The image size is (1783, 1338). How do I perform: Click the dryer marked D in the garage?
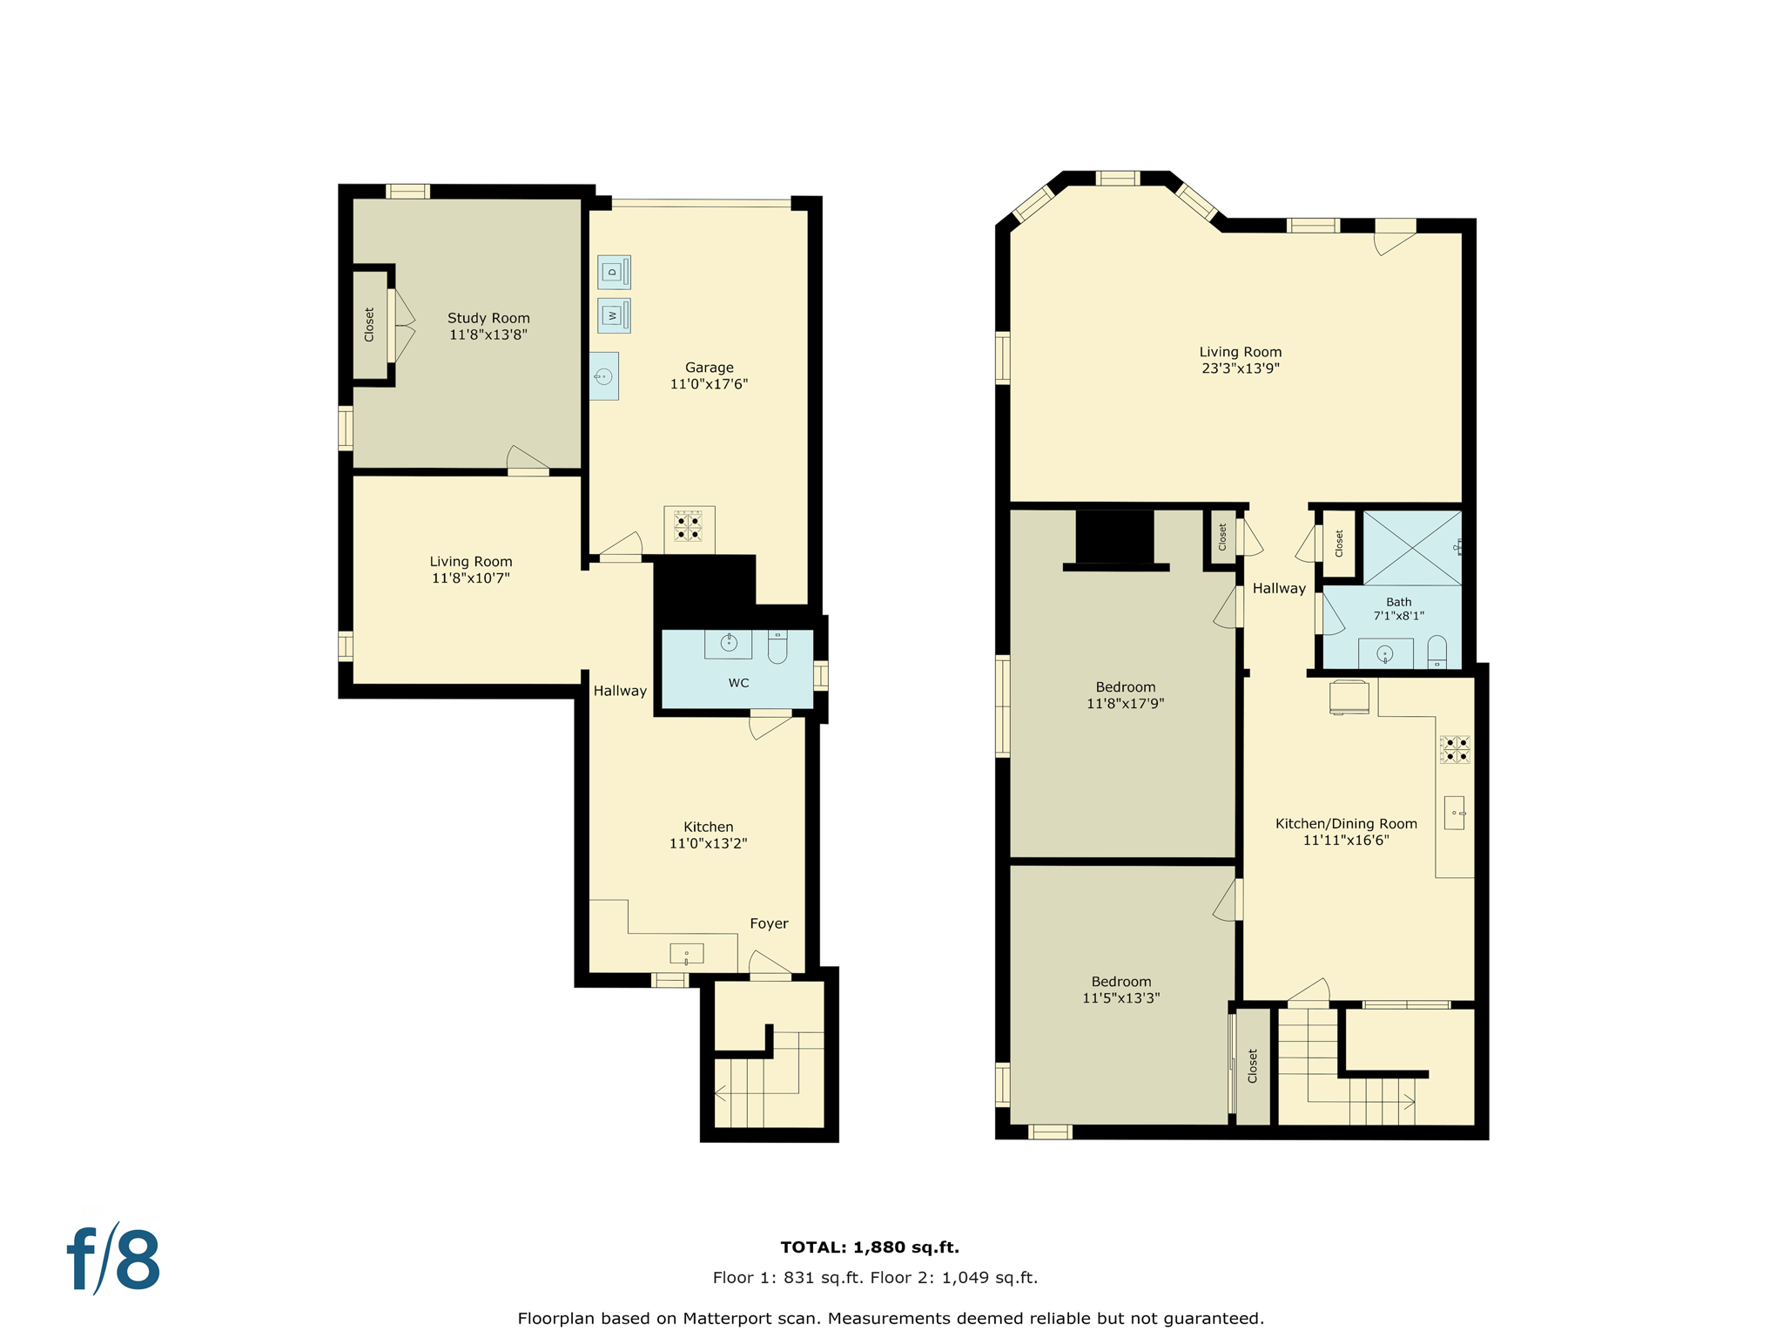click(x=614, y=272)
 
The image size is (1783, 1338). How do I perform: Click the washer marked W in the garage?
click(x=614, y=315)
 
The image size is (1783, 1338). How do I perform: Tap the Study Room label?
click(x=488, y=318)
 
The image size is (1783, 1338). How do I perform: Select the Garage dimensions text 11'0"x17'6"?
click(x=709, y=384)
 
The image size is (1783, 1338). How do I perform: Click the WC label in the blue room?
click(x=738, y=683)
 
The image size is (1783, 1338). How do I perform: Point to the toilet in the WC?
click(x=777, y=647)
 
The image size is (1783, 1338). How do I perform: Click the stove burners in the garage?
click(x=689, y=527)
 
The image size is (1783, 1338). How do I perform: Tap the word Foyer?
click(x=769, y=923)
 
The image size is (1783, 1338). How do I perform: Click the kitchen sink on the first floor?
click(x=686, y=954)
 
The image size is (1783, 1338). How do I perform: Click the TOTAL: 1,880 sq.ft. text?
click(x=869, y=1247)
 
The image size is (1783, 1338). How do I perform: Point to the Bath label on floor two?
click(x=1398, y=602)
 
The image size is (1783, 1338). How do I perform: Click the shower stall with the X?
click(x=1411, y=548)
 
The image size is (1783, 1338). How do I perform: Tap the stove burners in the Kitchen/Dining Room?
click(x=1455, y=749)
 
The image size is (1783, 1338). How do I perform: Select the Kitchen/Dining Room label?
click(x=1346, y=824)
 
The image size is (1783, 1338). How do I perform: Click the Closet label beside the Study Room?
click(x=369, y=324)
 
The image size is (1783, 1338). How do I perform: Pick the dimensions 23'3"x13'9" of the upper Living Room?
click(x=1241, y=368)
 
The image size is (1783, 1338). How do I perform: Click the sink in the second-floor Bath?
click(x=1384, y=653)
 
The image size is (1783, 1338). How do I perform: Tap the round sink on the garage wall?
click(x=603, y=376)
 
